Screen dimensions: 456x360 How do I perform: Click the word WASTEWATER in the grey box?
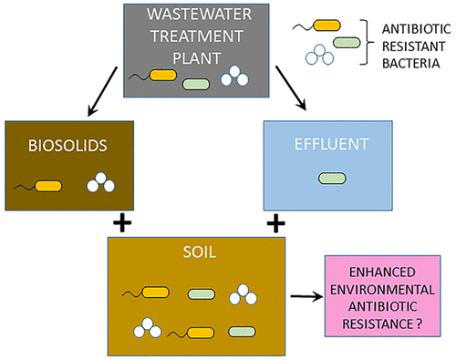click(x=199, y=15)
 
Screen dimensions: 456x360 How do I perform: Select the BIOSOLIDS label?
click(x=67, y=146)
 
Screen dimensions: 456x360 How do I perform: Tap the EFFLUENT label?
click(x=331, y=144)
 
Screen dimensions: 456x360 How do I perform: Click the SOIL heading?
click(x=200, y=252)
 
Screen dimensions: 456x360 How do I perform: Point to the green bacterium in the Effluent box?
click(x=332, y=179)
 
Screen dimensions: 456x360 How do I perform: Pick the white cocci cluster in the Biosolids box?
click(x=100, y=182)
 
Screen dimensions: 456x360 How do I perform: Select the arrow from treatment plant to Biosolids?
click(x=102, y=91)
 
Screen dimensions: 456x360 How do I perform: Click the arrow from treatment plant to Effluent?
click(x=291, y=88)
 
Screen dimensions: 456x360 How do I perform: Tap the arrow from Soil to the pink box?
click(x=306, y=296)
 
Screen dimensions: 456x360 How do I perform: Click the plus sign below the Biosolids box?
click(x=122, y=222)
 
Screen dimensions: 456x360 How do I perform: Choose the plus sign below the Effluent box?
click(x=275, y=223)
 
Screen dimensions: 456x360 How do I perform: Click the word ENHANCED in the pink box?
click(x=382, y=272)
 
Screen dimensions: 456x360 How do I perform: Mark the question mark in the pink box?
click(x=420, y=324)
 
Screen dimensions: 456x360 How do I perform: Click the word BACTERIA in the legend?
click(x=411, y=64)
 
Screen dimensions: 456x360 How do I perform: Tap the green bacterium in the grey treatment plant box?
click(x=196, y=84)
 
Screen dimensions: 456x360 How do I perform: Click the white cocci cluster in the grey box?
click(x=234, y=76)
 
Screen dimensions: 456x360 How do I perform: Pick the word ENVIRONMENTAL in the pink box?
click(x=382, y=290)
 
